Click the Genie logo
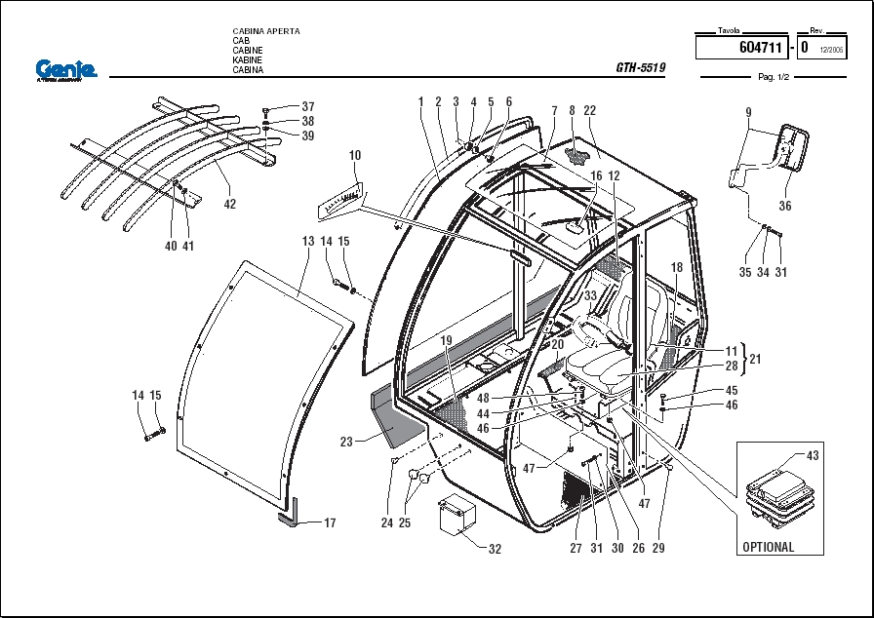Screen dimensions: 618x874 [x=66, y=69]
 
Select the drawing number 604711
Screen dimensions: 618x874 [x=760, y=47]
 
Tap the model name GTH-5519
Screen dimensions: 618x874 [x=640, y=68]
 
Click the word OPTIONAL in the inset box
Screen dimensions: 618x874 [x=769, y=547]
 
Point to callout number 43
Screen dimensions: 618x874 [x=814, y=455]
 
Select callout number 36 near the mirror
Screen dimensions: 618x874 [x=785, y=206]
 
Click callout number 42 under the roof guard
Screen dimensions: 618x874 [x=230, y=205]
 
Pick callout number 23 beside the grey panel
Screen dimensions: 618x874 [x=346, y=442]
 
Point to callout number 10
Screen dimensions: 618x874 [x=355, y=155]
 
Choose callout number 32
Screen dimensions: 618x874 [x=495, y=549]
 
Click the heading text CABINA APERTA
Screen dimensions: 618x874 [x=266, y=31]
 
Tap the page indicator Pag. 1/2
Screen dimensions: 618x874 [x=773, y=77]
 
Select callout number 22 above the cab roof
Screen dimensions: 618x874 [x=589, y=111]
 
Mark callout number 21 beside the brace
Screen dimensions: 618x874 [x=755, y=359]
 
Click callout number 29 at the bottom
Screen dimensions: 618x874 [x=658, y=549]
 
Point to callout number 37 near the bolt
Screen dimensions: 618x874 [x=308, y=106]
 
